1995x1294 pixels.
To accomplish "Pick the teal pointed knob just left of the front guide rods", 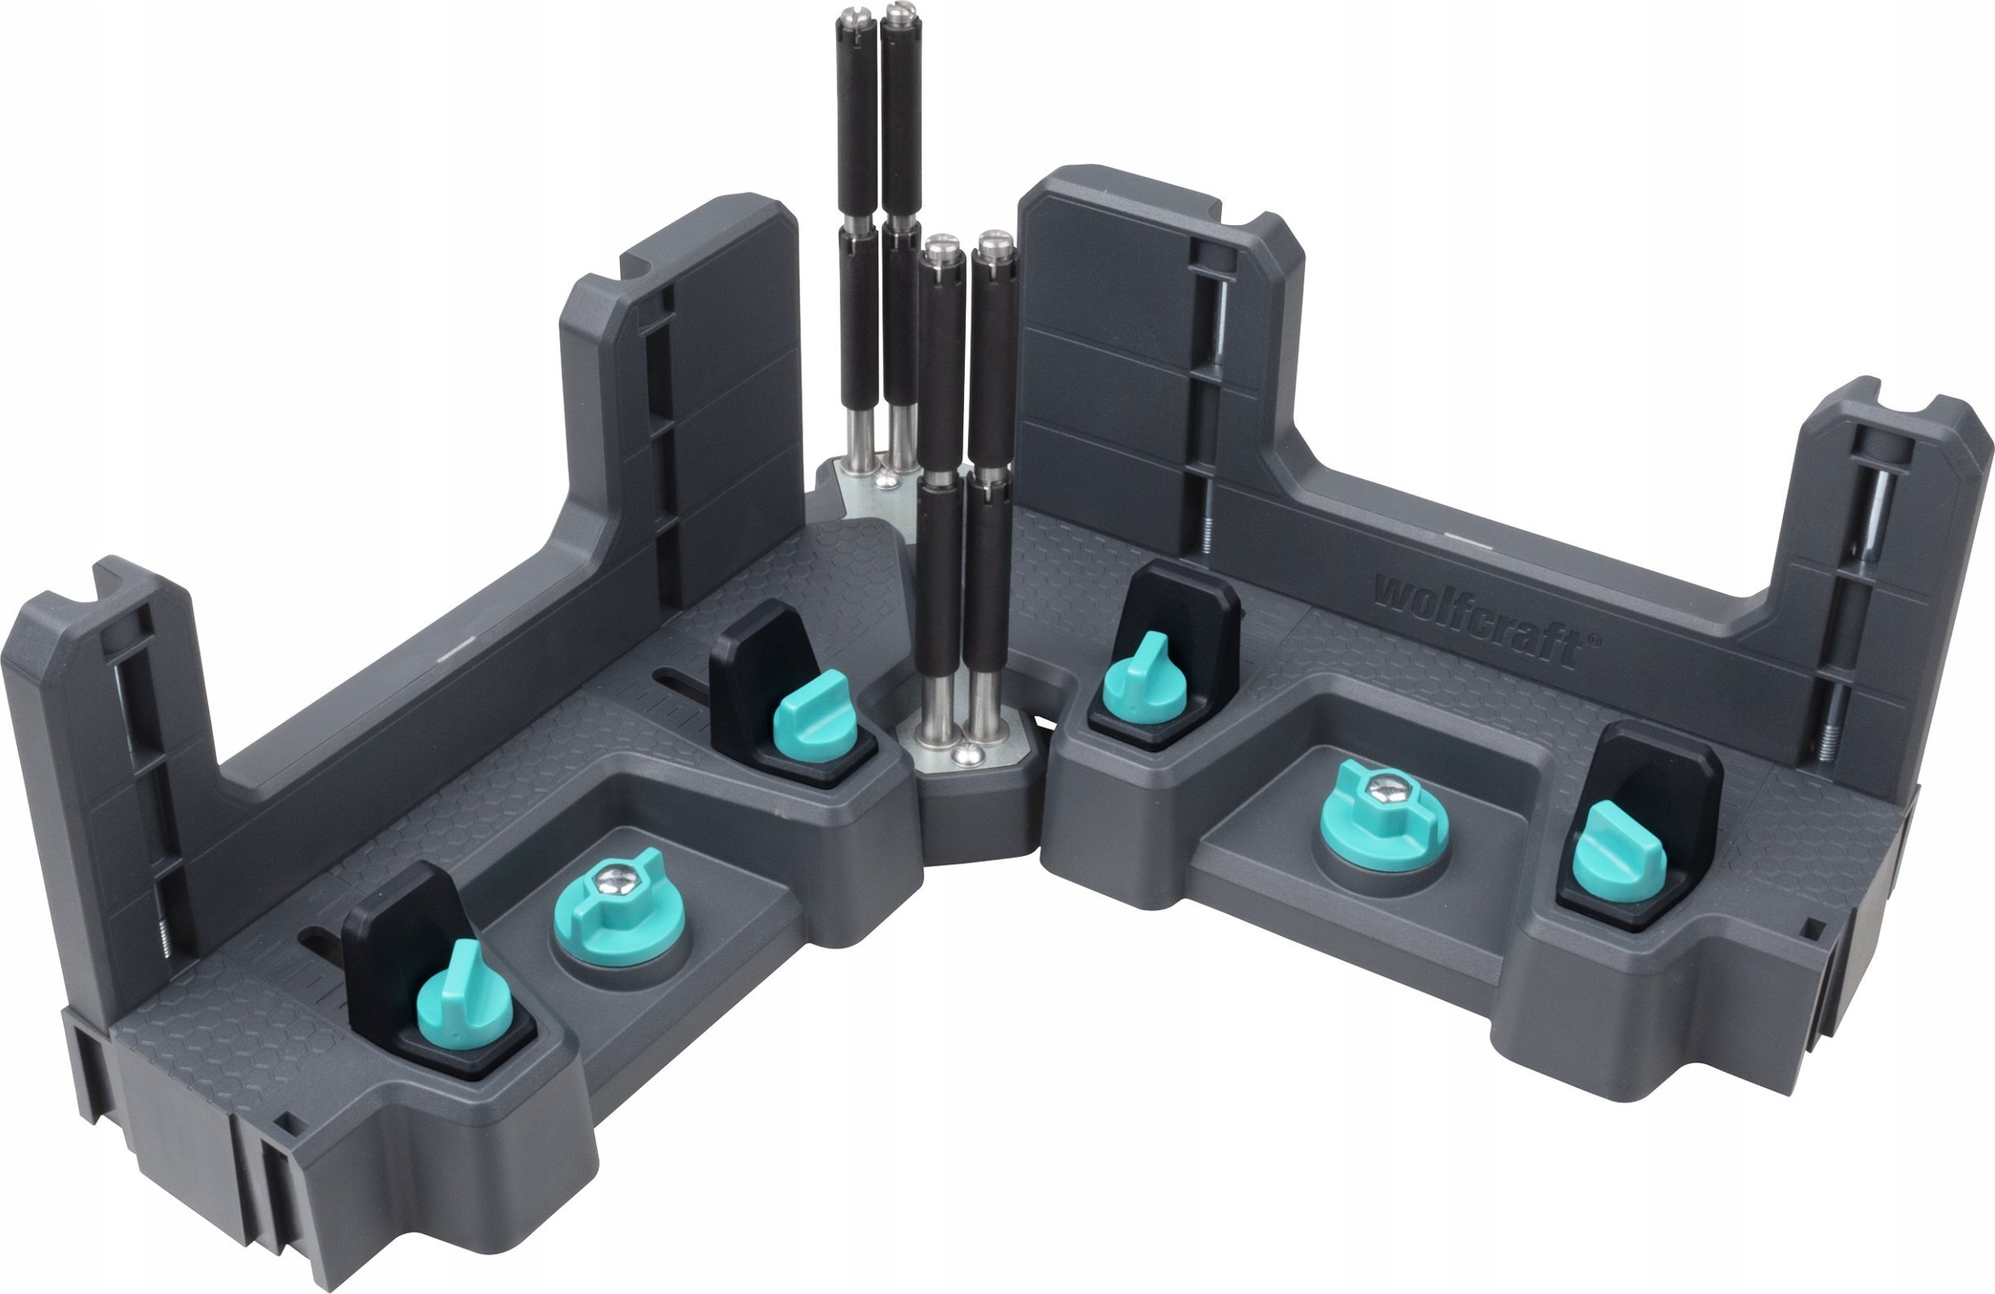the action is tap(812, 713).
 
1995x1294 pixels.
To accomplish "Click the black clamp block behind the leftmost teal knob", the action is tap(402, 938).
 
